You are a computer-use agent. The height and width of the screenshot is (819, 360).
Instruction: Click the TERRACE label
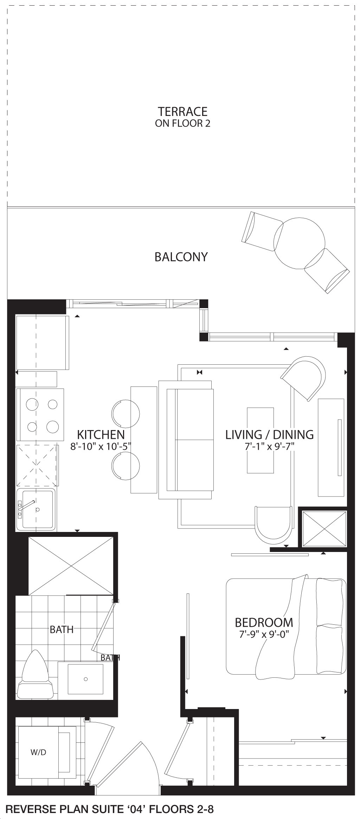pyautogui.click(x=182, y=112)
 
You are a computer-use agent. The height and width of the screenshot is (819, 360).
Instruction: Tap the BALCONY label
pyautogui.click(x=181, y=257)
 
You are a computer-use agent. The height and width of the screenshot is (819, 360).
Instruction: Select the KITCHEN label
pyautogui.click(x=101, y=435)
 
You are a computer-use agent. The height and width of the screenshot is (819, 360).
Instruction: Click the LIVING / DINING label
pyautogui.click(x=270, y=435)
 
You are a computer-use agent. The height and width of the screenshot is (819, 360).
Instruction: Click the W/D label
pyautogui.click(x=38, y=752)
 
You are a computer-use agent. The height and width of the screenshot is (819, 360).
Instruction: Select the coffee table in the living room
pyautogui.click(x=261, y=440)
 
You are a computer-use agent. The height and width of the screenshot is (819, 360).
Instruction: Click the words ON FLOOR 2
pyautogui.click(x=182, y=123)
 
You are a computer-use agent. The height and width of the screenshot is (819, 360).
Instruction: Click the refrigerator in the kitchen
pyautogui.click(x=42, y=343)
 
